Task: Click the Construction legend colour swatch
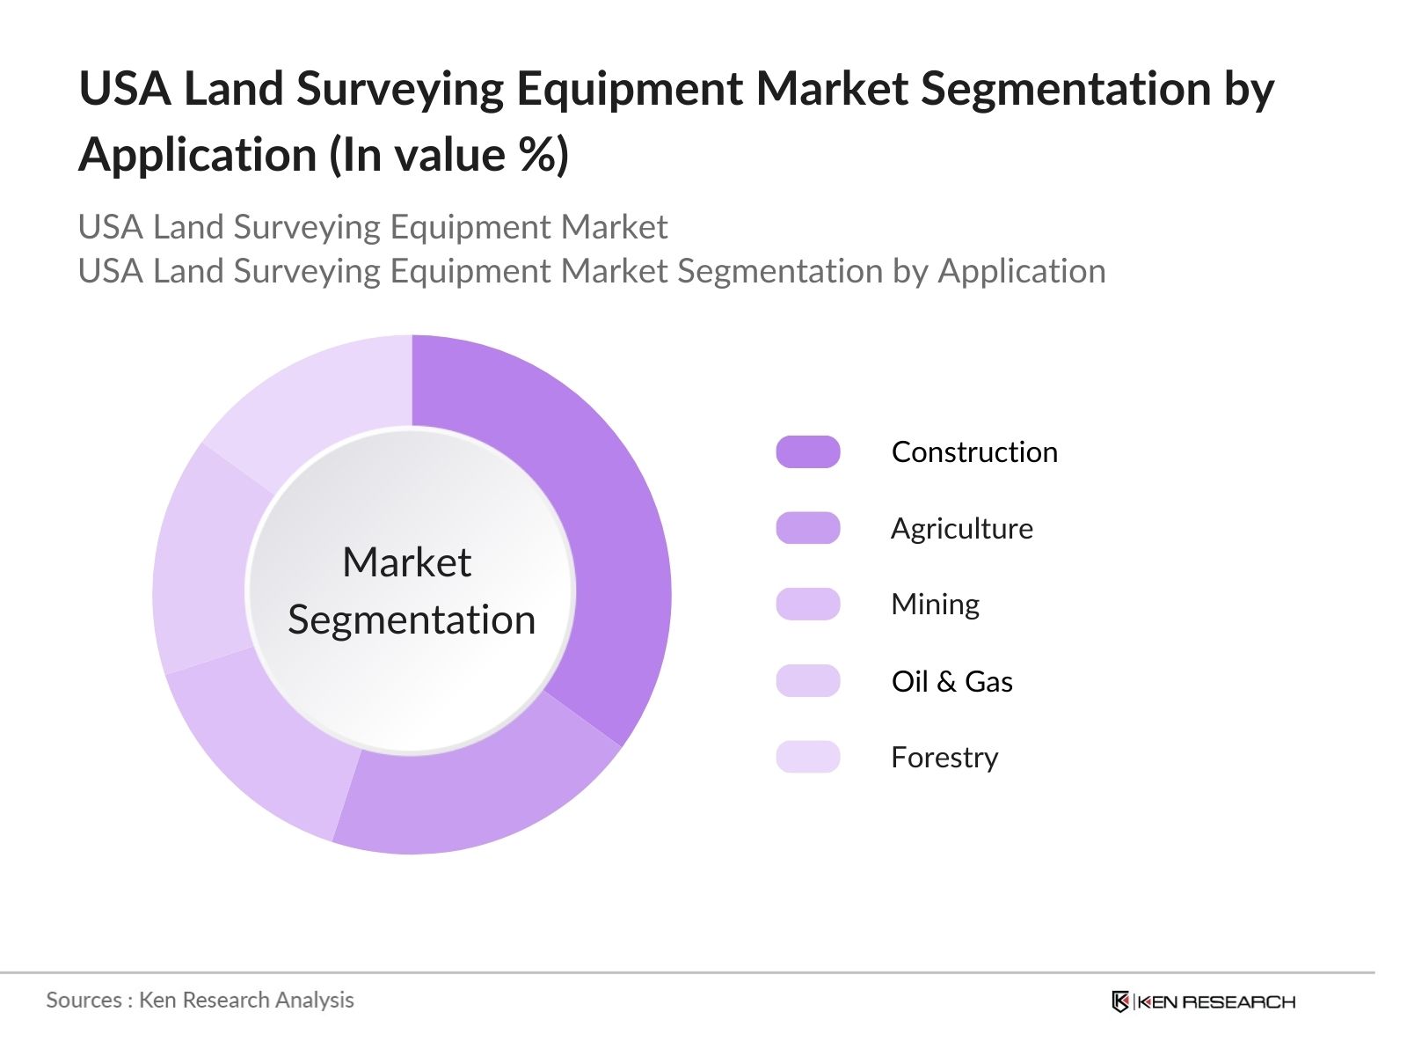pyautogui.click(x=808, y=451)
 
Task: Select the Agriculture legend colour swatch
pyautogui.click(x=808, y=528)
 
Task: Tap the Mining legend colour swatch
pyautogui.click(x=808, y=605)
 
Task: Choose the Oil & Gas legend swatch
pyautogui.click(x=808, y=681)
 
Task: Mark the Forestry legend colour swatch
pyautogui.click(x=808, y=757)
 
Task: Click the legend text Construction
pyautogui.click(x=974, y=452)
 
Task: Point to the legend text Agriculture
pyautogui.click(x=962, y=529)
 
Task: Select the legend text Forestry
pyautogui.click(x=944, y=758)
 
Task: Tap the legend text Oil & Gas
pyautogui.click(x=951, y=682)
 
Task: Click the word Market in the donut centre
pyautogui.click(x=406, y=562)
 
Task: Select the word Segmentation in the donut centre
pyautogui.click(x=412, y=620)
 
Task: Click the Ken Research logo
pyautogui.click(x=1203, y=1001)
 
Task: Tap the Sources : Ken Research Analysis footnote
pyautogui.click(x=200, y=1001)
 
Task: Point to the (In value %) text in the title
pyautogui.click(x=448, y=156)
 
